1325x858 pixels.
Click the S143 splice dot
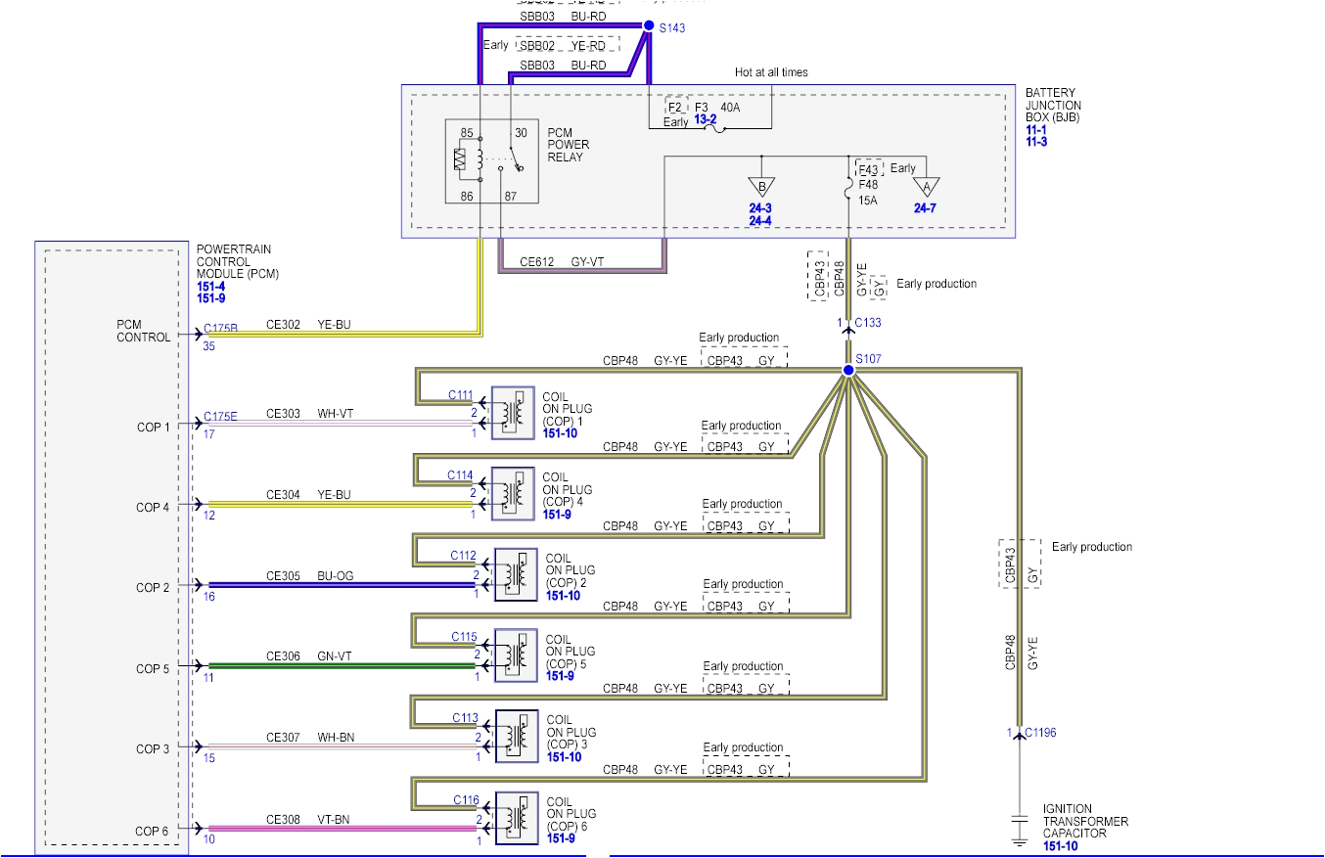point(648,27)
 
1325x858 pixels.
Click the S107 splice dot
point(847,371)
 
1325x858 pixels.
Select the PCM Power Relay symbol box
point(492,161)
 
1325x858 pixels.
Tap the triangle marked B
point(759,187)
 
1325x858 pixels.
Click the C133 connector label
point(868,322)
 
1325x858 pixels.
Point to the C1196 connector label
point(1039,732)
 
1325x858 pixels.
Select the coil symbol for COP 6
point(516,818)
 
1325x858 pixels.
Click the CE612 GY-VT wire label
point(564,261)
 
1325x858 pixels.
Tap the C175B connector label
point(220,329)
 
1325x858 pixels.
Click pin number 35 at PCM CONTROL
point(208,345)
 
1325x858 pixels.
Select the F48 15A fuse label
point(867,191)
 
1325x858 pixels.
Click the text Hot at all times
point(771,72)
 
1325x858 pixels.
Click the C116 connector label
point(466,799)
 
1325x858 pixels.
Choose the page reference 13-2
point(706,119)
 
